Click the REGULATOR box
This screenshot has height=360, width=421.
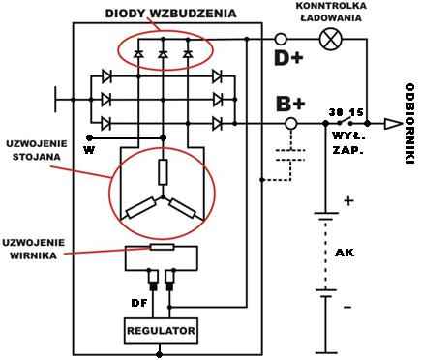(161, 331)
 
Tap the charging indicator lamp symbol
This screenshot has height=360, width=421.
(331, 40)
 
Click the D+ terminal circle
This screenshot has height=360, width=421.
(281, 40)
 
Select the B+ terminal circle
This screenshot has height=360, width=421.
(291, 123)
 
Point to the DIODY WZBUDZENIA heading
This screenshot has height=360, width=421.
(170, 14)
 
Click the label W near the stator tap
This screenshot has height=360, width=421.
(89, 150)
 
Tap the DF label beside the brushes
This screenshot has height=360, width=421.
(139, 303)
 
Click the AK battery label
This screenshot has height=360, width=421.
(345, 253)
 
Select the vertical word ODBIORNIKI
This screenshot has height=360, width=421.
(410, 124)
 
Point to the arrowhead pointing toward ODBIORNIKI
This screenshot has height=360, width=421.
(393, 124)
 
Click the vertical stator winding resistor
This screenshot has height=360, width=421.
(163, 172)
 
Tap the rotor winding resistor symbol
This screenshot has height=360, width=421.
(162, 247)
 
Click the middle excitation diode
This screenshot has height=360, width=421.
(163, 54)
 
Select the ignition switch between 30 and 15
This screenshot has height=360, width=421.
(345, 122)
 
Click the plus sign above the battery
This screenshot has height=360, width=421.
(348, 201)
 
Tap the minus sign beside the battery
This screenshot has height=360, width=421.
(347, 308)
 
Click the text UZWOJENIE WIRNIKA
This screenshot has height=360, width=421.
(34, 249)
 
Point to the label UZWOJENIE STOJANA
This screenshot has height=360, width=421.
(37, 150)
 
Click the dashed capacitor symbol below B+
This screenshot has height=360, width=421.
(291, 155)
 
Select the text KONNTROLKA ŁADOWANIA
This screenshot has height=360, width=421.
(331, 12)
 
